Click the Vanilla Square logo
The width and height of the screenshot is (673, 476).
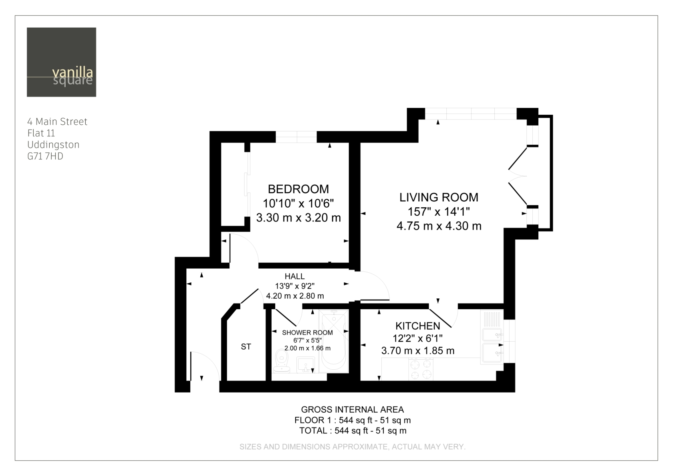[61, 62]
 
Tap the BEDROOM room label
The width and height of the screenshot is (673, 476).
[298, 189]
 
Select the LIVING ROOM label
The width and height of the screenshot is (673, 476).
[439, 197]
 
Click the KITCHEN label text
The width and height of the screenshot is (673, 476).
[417, 326]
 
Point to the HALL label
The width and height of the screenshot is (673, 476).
[295, 276]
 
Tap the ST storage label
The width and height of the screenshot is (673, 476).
[246, 347]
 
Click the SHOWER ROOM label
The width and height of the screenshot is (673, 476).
[307, 332]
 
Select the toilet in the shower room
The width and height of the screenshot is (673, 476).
[281, 361]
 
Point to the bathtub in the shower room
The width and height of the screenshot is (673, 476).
[333, 341]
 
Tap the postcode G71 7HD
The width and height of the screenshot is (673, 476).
[45, 156]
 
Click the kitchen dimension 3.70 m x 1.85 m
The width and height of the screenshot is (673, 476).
[417, 350]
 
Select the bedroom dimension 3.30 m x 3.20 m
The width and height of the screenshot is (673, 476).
[298, 217]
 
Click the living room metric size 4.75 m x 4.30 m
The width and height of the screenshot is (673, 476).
[439, 226]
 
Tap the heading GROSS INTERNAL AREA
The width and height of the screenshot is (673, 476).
[353, 409]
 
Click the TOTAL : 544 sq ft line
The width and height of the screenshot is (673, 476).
[353, 431]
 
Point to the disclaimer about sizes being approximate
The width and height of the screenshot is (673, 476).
[353, 447]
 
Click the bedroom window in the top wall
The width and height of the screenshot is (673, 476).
[296, 137]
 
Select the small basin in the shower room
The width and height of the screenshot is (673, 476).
[306, 365]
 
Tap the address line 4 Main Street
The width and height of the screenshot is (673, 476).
[57, 122]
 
